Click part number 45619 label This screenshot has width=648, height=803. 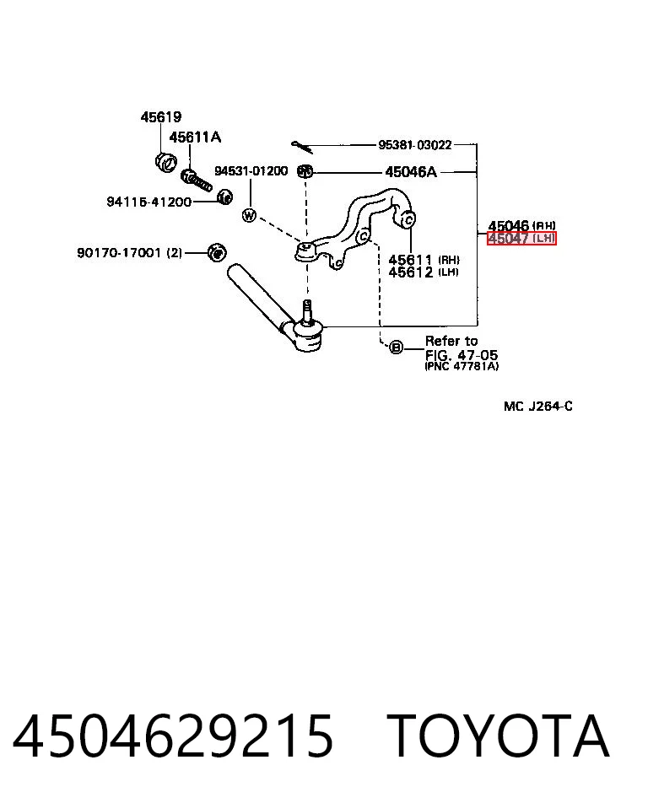[x=161, y=116]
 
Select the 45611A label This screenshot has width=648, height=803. [x=195, y=137]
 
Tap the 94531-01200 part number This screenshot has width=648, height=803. [x=251, y=171]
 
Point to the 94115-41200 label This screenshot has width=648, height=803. [x=149, y=202]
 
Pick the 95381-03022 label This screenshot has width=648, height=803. [x=415, y=145]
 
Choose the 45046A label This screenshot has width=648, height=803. [x=411, y=171]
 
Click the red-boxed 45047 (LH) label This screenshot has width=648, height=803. [x=521, y=238]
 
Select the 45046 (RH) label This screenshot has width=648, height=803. [x=521, y=225]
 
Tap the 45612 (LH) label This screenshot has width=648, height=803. [x=423, y=272]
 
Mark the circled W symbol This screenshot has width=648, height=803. [x=249, y=215]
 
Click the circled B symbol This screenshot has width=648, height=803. [x=396, y=348]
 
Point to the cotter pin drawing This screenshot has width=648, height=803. [x=302, y=147]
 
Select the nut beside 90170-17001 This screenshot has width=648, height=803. [x=217, y=252]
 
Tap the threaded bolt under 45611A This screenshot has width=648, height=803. [x=197, y=180]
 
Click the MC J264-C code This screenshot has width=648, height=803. [x=537, y=407]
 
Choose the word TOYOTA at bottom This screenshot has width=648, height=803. [x=498, y=736]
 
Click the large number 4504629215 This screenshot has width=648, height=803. [x=173, y=736]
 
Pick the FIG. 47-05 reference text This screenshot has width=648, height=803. [x=461, y=355]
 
